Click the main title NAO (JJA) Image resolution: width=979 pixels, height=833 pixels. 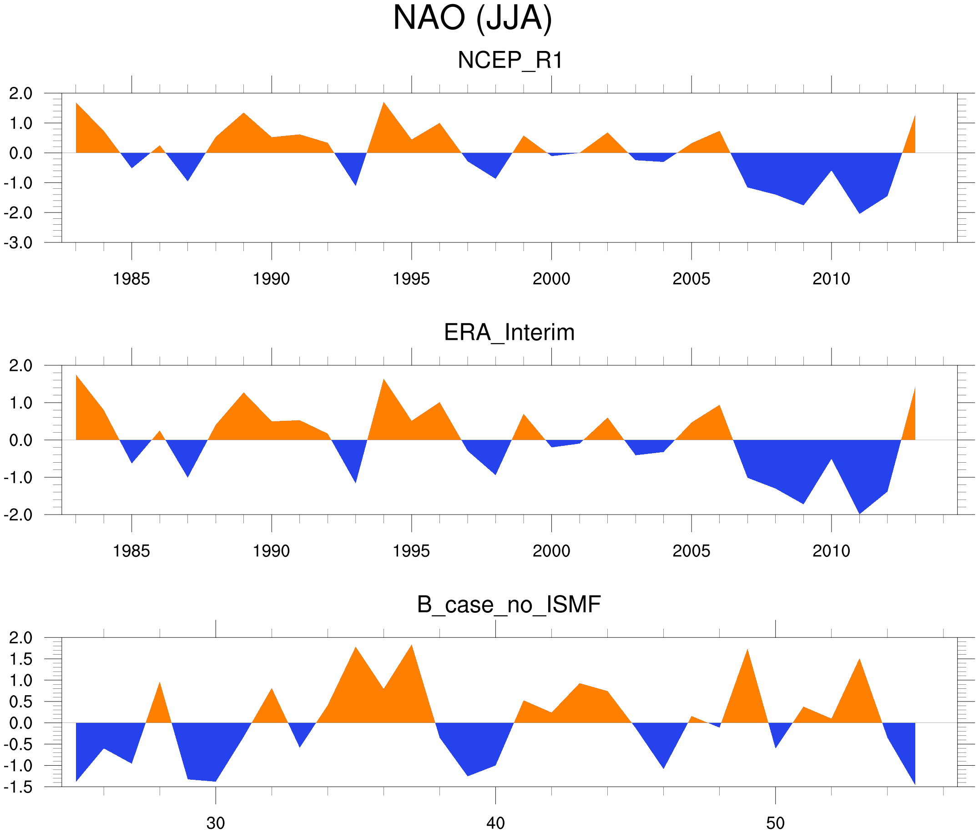(472, 18)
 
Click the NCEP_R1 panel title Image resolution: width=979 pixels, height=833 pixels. (510, 61)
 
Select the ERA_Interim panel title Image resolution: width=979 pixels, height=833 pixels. (509, 333)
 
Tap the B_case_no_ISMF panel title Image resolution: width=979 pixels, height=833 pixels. (509, 605)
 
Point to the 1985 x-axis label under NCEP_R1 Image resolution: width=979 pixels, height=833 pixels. (131, 279)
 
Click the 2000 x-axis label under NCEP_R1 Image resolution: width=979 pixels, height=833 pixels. (551, 279)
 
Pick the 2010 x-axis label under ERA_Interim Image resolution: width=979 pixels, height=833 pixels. (831, 551)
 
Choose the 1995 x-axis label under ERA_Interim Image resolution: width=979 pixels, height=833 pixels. (411, 551)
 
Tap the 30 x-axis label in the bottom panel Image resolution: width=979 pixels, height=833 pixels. (215, 823)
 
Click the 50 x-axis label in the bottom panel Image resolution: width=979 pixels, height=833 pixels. (775, 823)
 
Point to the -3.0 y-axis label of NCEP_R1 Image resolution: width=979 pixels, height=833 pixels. (18, 243)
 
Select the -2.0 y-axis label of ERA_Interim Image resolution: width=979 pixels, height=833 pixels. (18, 515)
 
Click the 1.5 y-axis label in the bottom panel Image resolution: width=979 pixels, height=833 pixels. (21, 659)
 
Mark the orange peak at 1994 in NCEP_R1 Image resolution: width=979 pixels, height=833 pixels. (384, 106)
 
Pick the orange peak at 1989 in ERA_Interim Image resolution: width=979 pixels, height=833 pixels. (244, 397)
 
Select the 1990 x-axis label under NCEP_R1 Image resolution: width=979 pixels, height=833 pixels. (271, 279)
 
